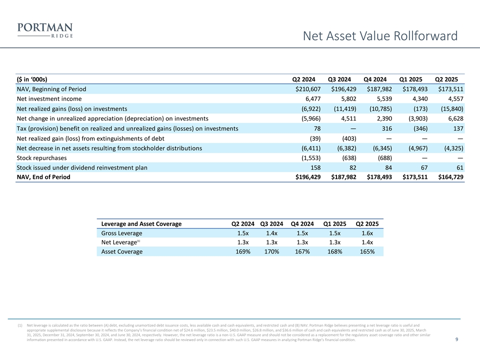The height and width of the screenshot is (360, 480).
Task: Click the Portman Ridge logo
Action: [44, 29]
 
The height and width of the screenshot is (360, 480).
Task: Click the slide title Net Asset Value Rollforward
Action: [380, 35]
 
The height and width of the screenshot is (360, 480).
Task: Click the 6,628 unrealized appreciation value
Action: [452, 118]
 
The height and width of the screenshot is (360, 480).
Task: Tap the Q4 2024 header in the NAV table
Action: [374, 79]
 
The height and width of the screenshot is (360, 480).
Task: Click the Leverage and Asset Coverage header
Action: [141, 223]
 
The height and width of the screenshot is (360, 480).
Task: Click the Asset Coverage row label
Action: [121, 251]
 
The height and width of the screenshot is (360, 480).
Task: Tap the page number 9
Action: [457, 340]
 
